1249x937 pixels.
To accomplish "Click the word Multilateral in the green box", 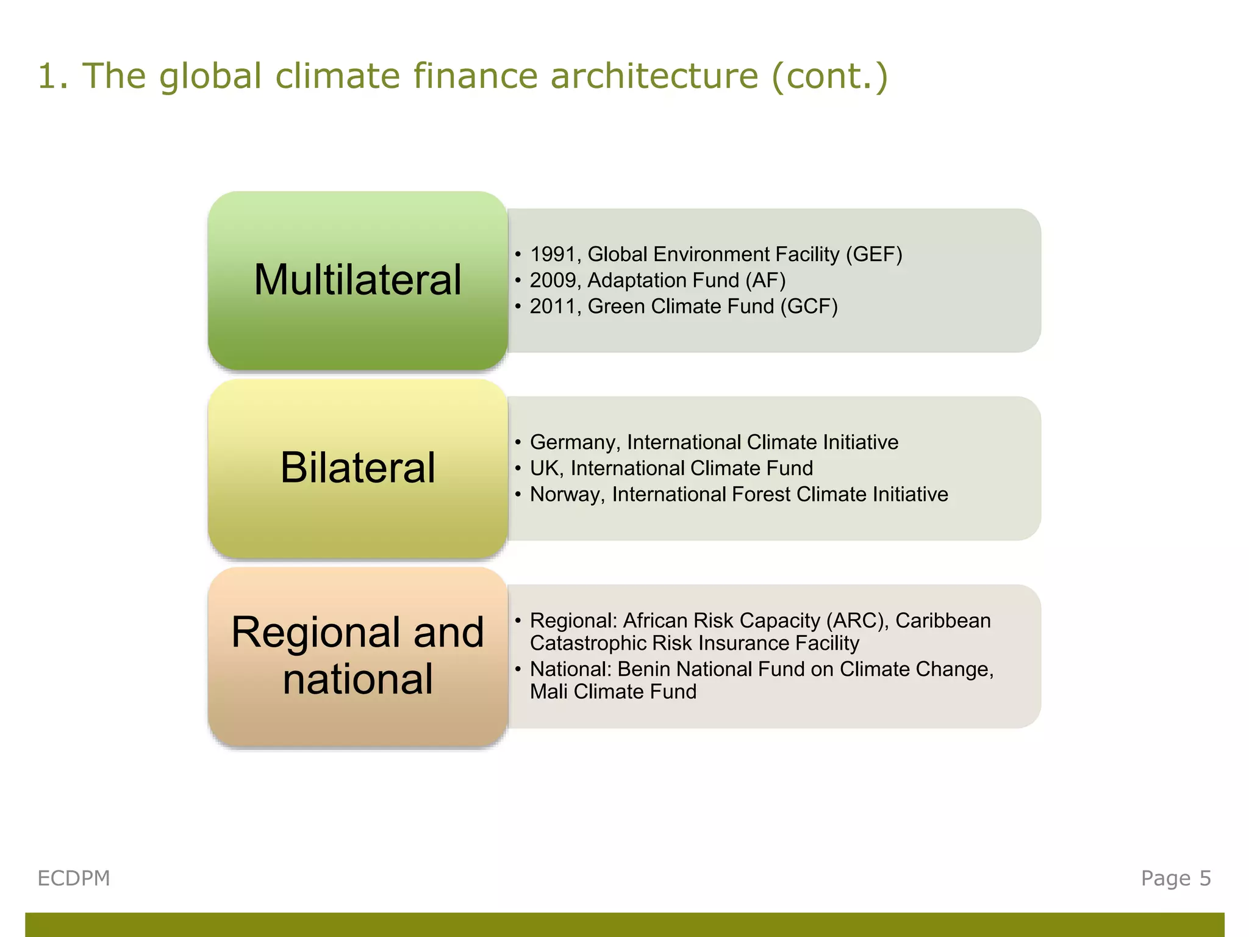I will tap(357, 280).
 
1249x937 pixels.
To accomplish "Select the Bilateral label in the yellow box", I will tap(357, 468).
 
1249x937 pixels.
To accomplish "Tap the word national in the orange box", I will tap(357, 680).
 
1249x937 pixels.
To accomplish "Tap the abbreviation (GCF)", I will tap(809, 306).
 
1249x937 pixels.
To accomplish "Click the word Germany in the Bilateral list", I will tap(574, 442).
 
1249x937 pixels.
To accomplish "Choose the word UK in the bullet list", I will tap(546, 468).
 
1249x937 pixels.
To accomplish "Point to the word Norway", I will tap(567, 494).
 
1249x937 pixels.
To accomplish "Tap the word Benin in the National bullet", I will tap(644, 669).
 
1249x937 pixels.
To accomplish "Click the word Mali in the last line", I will tap(549, 692).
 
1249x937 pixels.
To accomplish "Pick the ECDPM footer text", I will tap(74, 878).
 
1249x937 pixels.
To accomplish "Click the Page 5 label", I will tap(1176, 878).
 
